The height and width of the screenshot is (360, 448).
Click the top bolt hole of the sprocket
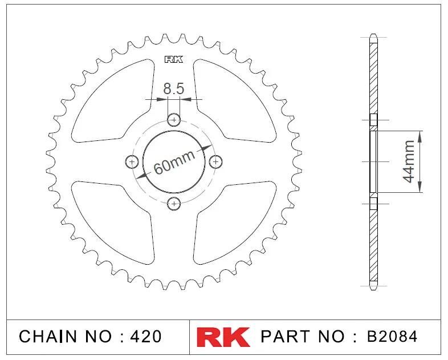click(174, 119)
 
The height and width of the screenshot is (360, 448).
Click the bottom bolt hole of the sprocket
click(174, 204)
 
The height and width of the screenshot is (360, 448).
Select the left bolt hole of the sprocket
click(132, 162)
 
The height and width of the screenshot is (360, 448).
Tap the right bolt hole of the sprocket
click(215, 162)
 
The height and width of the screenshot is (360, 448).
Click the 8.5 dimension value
click(174, 88)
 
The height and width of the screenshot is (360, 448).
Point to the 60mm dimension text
click(174, 162)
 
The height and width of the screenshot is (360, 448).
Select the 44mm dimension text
click(409, 161)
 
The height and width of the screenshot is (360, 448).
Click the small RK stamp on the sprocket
click(174, 59)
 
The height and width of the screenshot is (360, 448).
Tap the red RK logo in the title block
click(223, 337)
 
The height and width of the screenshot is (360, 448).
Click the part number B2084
click(392, 337)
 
